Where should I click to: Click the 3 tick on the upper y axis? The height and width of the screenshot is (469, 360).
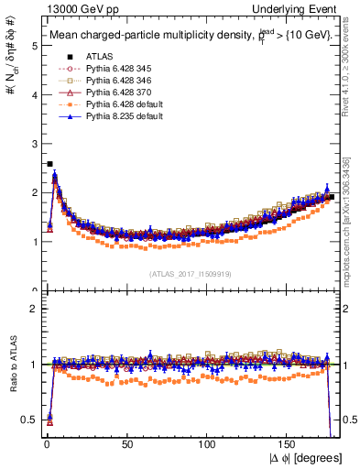point(34,143)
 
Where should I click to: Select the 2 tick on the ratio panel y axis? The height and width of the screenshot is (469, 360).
point(34,309)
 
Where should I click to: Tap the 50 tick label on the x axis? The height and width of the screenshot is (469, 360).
point(125,446)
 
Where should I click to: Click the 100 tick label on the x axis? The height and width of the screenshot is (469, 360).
point(207,446)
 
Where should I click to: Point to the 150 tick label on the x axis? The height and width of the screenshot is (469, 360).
point(289,446)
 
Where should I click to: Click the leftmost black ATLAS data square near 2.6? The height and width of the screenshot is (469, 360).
point(49,164)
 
